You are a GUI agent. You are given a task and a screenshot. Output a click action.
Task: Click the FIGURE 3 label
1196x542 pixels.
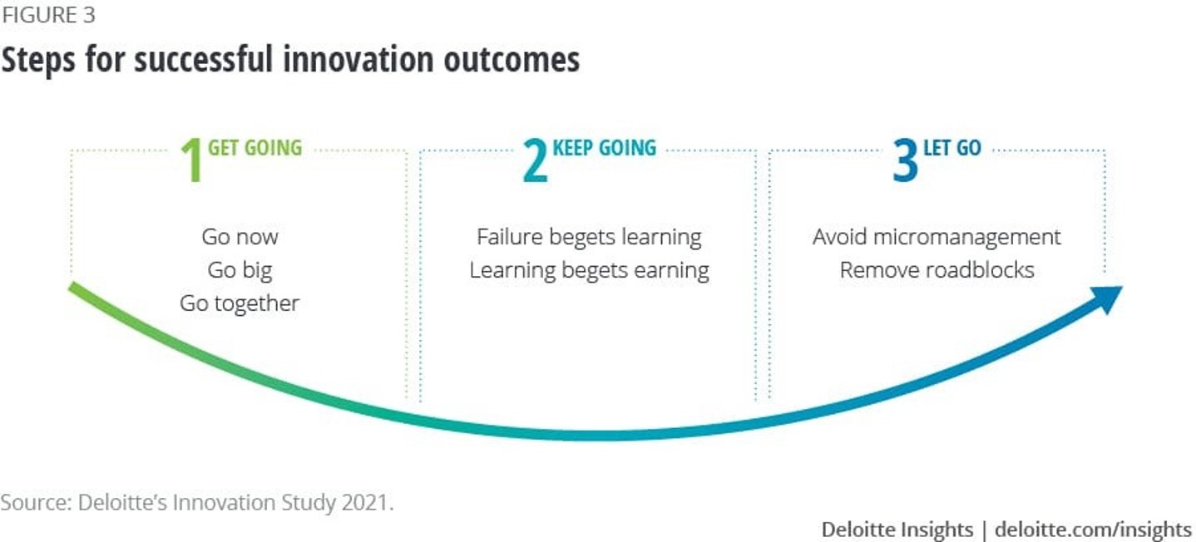(48, 15)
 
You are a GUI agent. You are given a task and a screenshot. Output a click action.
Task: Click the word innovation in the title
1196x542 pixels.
(358, 59)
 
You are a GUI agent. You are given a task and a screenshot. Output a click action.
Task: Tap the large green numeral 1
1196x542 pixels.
(191, 160)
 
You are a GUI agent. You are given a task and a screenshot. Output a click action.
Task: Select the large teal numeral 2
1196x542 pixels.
(536, 160)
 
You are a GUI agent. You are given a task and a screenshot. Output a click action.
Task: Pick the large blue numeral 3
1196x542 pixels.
(905, 160)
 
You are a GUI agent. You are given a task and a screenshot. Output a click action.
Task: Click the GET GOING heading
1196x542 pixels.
(255, 148)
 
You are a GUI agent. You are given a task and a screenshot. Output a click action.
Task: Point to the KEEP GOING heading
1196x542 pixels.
(605, 148)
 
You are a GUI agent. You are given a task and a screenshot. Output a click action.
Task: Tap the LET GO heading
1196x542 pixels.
(952, 148)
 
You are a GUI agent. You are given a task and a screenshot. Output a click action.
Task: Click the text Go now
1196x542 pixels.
(240, 237)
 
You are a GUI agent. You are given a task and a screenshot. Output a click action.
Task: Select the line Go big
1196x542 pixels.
(240, 270)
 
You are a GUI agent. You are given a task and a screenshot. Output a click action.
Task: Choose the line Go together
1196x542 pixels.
(240, 303)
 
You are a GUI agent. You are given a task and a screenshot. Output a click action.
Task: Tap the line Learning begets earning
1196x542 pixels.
(589, 270)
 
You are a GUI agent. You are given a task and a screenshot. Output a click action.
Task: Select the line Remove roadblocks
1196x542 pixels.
(937, 270)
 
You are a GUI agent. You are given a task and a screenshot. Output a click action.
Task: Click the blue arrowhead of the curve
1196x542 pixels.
(1107, 298)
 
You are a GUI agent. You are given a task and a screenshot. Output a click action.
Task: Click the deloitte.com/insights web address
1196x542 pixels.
(1093, 530)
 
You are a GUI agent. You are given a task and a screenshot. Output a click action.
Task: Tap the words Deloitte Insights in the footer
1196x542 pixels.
(897, 530)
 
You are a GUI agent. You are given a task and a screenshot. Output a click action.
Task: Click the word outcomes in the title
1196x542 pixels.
(512, 60)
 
